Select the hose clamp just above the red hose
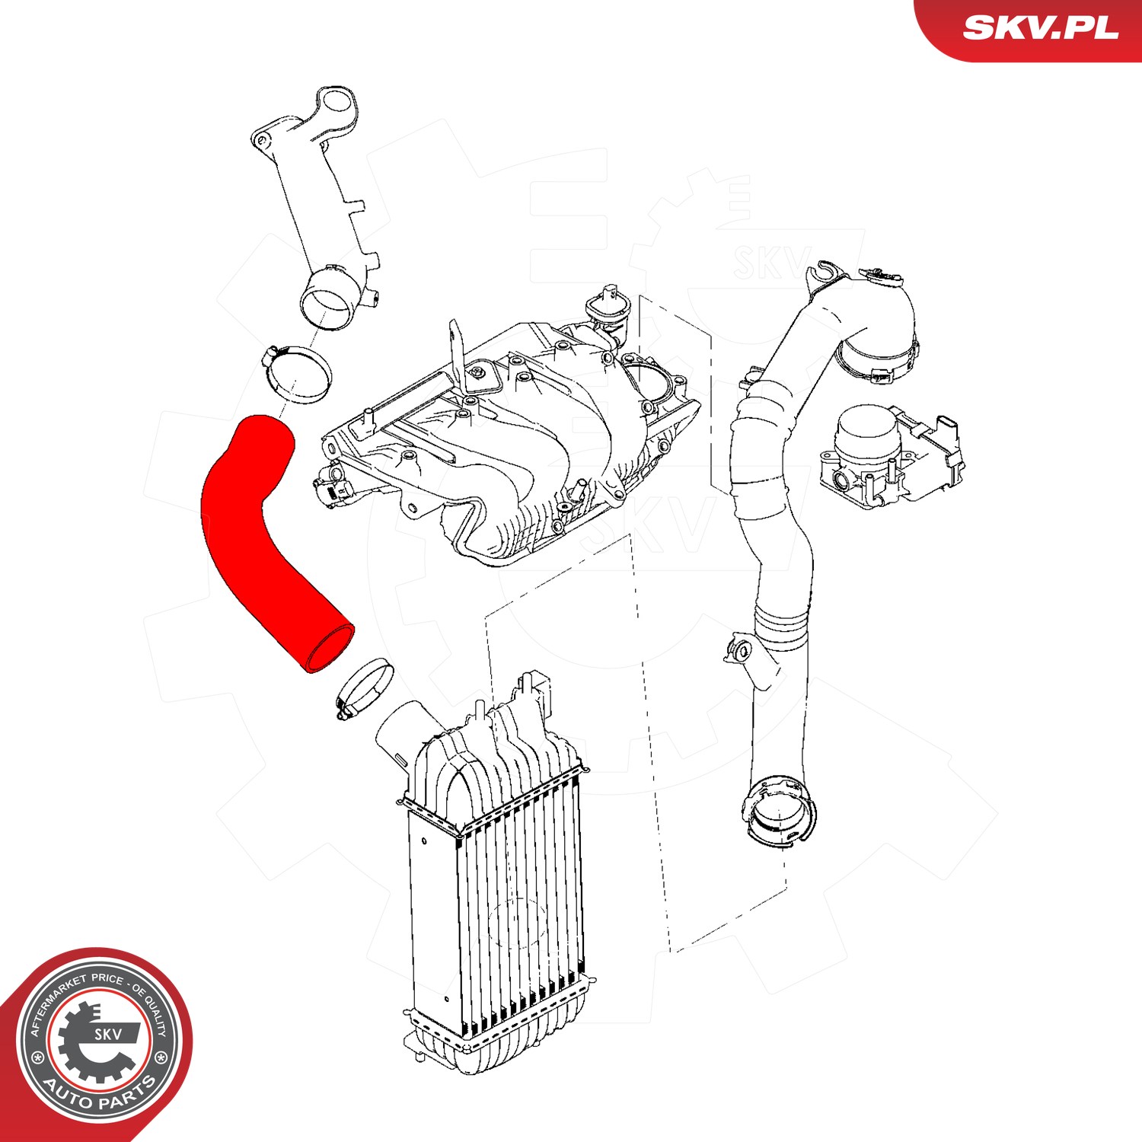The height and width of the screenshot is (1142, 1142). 298,374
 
